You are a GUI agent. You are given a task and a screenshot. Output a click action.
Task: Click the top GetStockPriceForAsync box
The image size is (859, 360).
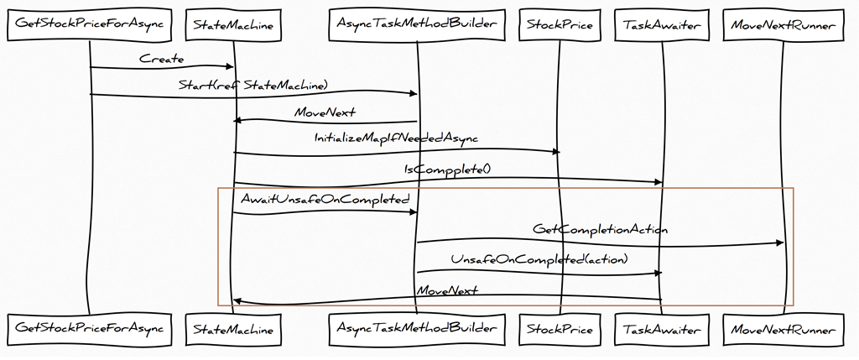pyautogui.click(x=89, y=25)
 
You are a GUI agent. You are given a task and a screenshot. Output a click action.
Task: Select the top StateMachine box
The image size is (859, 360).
pyautogui.click(x=233, y=25)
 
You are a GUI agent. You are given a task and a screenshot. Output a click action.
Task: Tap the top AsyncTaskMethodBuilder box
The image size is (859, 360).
pyautogui.click(x=417, y=25)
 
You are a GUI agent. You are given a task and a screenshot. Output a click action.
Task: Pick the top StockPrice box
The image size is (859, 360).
pyautogui.click(x=560, y=25)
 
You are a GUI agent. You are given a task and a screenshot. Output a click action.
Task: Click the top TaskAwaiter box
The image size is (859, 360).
pyautogui.click(x=662, y=25)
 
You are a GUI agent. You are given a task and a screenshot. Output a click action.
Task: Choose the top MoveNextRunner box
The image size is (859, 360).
pyautogui.click(x=783, y=25)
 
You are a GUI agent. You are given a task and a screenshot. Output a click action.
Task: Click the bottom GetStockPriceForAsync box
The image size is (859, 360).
pyautogui.click(x=89, y=330)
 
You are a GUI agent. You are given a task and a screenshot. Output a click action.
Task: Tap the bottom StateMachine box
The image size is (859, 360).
pyautogui.click(x=233, y=330)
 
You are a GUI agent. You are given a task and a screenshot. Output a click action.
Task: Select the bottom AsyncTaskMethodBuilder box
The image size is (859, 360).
pyautogui.click(x=417, y=330)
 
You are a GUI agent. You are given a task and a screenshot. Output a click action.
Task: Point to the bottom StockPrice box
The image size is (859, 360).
pyautogui.click(x=560, y=330)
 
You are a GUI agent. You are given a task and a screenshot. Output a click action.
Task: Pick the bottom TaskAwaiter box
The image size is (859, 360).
pyautogui.click(x=662, y=330)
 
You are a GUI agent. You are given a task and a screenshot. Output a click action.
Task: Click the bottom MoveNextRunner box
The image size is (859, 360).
pyautogui.click(x=783, y=330)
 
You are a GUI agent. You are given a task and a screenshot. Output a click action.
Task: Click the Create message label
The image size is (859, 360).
pyautogui.click(x=162, y=59)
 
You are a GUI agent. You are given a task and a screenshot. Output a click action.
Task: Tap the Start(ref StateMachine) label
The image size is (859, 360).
pyautogui.click(x=252, y=85)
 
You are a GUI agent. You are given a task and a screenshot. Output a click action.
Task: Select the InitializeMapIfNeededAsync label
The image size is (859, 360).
pyautogui.click(x=396, y=138)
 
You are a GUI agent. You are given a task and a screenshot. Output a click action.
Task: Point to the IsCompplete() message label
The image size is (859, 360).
pyautogui.click(x=447, y=170)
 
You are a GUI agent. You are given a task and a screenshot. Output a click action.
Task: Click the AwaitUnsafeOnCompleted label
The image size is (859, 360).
pyautogui.click(x=325, y=200)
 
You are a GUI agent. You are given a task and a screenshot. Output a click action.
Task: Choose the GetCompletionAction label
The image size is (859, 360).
pyautogui.click(x=600, y=228)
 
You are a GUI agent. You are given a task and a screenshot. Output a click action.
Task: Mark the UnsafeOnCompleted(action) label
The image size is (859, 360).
pyautogui.click(x=539, y=259)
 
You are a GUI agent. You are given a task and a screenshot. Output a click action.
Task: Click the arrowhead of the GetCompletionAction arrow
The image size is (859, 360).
pyautogui.click(x=779, y=243)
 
